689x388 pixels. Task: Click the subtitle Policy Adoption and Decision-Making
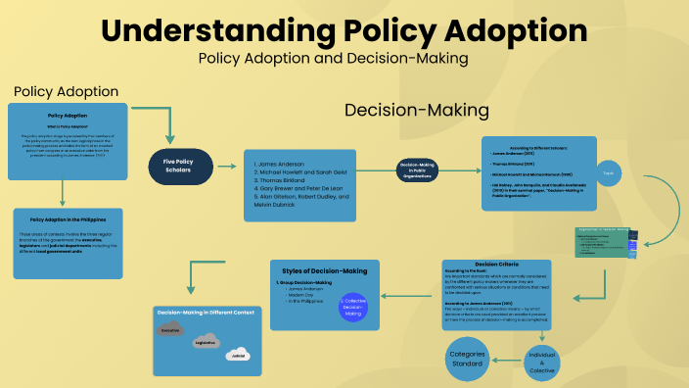click(x=333, y=58)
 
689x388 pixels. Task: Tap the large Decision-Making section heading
click(x=416, y=109)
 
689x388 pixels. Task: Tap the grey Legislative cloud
click(x=206, y=343)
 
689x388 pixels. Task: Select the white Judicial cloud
click(x=237, y=354)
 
